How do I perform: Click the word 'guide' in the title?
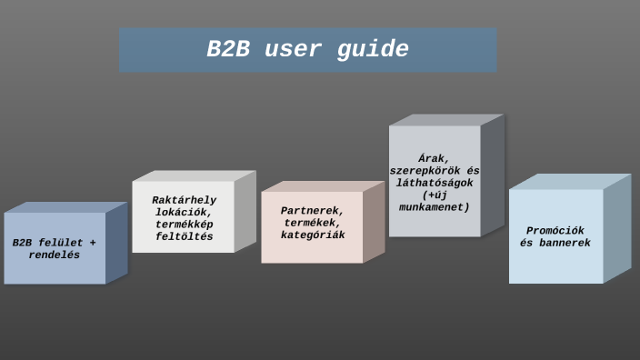373,50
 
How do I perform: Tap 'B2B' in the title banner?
227,50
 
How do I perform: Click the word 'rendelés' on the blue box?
55,255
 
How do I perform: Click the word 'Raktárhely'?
184,200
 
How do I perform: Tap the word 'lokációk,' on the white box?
184,212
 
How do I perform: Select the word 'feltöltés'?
184,236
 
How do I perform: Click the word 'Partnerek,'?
312,211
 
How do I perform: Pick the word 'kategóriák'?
312,235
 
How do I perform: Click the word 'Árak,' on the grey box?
435,158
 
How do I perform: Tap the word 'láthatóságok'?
435,183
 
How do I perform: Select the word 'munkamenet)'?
435,207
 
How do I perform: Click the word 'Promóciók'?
555,231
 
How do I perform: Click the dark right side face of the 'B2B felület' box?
116,244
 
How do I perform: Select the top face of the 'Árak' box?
446,119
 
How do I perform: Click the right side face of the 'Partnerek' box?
374,222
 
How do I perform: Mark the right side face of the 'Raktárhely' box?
245,211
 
